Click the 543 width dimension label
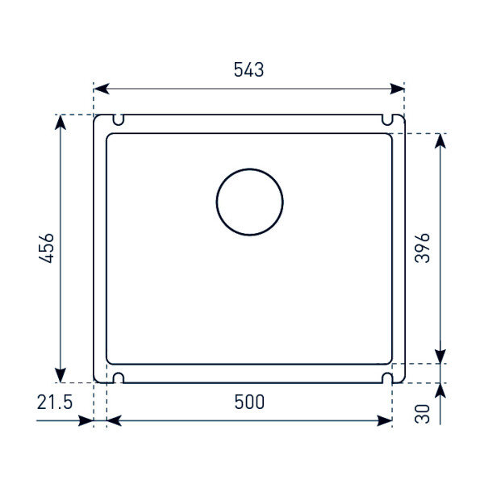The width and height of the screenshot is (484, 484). pyautogui.click(x=248, y=69)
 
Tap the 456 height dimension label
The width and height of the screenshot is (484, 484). pyautogui.click(x=46, y=248)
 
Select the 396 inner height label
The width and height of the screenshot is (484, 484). pyautogui.click(x=422, y=248)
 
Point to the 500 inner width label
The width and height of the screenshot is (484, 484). pyautogui.click(x=249, y=402)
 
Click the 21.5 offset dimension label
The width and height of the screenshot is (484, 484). pyautogui.click(x=55, y=403)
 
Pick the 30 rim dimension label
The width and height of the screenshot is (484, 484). pyautogui.click(x=422, y=414)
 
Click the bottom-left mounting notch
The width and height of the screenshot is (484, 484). pyautogui.click(x=119, y=373)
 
